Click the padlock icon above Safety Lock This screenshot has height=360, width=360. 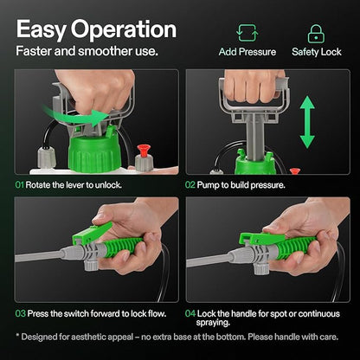point(316,34)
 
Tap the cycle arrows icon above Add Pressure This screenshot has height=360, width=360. point(247,33)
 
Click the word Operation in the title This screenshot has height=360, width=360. point(124,30)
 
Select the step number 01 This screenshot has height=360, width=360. point(19,185)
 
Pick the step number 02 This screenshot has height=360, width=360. point(190,185)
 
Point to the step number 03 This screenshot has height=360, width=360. point(20,313)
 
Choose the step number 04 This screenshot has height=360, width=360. point(190,313)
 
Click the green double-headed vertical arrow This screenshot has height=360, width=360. point(307,122)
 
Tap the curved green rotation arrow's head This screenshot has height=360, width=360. point(101,118)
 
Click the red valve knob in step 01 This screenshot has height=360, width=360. point(144,151)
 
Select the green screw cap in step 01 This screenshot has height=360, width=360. point(94,152)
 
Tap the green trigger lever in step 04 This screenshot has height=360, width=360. point(261,239)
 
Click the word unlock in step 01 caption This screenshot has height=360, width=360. point(108,185)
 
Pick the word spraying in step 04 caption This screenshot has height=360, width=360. point(213,323)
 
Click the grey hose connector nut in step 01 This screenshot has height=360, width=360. point(46,157)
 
